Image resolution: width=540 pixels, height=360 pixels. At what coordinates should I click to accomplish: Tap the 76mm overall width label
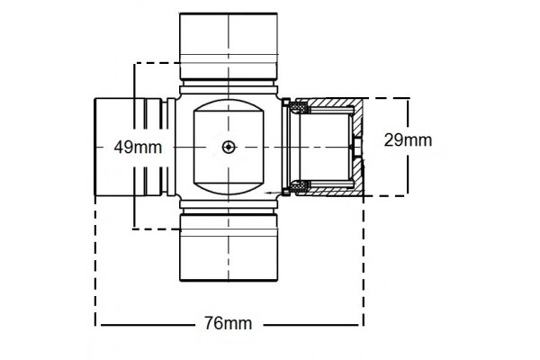coord(227,322)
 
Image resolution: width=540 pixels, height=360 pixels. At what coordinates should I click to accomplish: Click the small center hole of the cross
coord(229,148)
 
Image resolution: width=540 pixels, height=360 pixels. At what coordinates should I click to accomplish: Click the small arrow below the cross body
coord(270,193)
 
